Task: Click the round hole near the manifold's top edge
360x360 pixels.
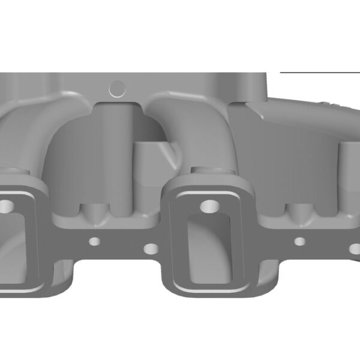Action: pyautogui.click(x=118, y=89)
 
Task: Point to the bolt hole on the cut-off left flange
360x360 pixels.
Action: pyautogui.click(x=5, y=207)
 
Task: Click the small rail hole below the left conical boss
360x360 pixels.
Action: pyautogui.click(x=94, y=242)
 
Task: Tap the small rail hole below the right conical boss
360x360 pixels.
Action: pyautogui.click(x=300, y=242)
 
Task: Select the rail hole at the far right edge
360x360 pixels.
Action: pyautogui.click(x=356, y=247)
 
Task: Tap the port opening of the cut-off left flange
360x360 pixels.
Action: pyautogui.click(x=8, y=246)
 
